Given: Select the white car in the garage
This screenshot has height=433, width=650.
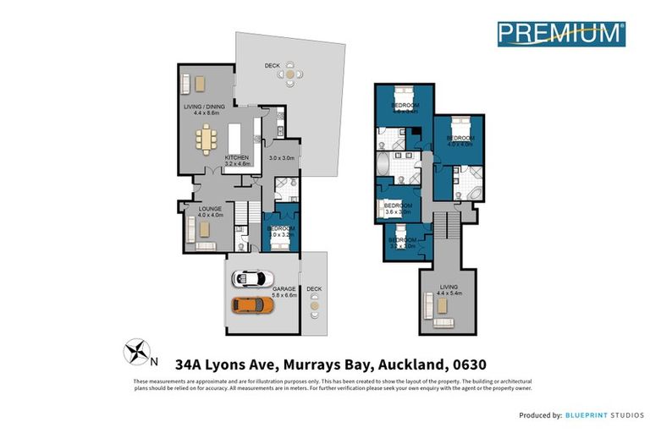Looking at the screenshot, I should [253, 278].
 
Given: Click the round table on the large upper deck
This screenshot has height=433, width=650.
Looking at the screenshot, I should [290, 74].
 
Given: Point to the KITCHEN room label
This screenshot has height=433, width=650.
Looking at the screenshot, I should [236, 158].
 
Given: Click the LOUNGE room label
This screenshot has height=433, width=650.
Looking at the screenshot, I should [210, 208].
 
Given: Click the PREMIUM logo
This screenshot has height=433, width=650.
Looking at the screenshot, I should [561, 33].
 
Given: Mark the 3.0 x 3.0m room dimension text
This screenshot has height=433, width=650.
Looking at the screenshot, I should [280, 158].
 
